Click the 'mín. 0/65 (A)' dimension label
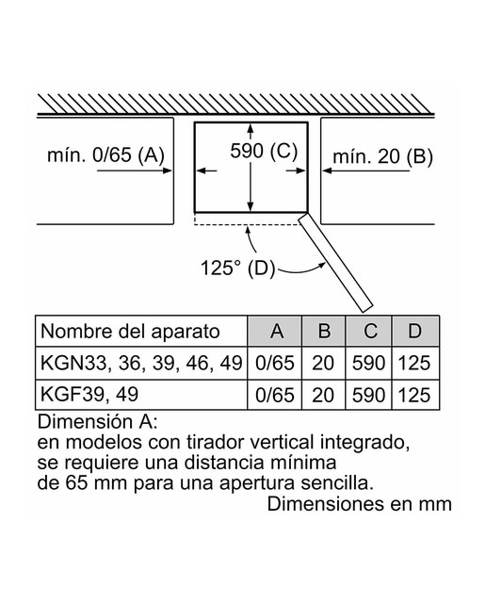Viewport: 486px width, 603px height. (x=105, y=155)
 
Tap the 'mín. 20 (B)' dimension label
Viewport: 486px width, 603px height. (x=382, y=157)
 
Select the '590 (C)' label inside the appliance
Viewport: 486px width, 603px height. (x=264, y=151)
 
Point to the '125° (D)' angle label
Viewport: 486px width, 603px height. (x=238, y=268)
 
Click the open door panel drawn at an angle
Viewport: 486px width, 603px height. (x=335, y=263)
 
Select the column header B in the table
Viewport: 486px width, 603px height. (x=324, y=331)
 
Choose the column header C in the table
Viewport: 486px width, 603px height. (x=368, y=331)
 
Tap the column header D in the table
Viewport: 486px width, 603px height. (x=415, y=331)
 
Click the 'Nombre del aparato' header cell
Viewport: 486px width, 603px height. (x=130, y=332)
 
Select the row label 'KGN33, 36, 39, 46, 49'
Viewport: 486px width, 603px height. (x=141, y=364)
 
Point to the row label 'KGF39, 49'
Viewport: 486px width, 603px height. (x=89, y=394)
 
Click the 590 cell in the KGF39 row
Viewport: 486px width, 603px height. (x=368, y=396)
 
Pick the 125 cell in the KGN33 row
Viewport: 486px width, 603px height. (x=414, y=363)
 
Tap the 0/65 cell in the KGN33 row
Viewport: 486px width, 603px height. (x=275, y=364)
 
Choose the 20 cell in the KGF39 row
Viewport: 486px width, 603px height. (x=323, y=396)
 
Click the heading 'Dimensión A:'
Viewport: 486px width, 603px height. (x=97, y=421)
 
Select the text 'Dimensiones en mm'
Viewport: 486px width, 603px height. (x=360, y=504)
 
